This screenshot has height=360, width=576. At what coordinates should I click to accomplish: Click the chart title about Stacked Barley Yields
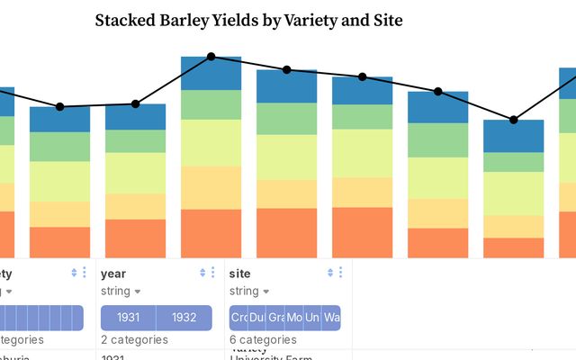[x=248, y=19]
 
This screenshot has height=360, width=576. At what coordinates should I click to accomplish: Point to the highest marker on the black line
[x=211, y=57]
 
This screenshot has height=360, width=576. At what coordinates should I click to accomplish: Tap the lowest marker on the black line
[x=513, y=120]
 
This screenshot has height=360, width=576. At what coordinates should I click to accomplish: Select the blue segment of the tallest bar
[x=211, y=73]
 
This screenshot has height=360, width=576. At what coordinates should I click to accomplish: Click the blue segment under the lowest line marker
[x=513, y=136]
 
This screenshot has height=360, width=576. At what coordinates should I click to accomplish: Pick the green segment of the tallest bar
[x=211, y=104]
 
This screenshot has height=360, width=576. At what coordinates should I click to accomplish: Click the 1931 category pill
[x=129, y=318]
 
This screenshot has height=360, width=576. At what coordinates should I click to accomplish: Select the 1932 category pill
[x=184, y=318]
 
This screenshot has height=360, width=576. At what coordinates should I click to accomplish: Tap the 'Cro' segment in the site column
[x=238, y=318]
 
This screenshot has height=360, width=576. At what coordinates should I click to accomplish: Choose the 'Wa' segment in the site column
[x=332, y=318]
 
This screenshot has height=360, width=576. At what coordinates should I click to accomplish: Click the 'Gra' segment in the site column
[x=276, y=318]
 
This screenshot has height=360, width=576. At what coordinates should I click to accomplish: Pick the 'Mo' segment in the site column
[x=295, y=318]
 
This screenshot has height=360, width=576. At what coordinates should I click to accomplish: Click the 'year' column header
[x=113, y=273]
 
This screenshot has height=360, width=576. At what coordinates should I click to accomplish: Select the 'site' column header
[x=240, y=273]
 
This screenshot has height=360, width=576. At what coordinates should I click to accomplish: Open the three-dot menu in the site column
[x=340, y=273]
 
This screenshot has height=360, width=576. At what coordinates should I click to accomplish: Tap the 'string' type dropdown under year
[x=121, y=291]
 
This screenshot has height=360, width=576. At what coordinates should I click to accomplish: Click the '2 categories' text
[x=134, y=339]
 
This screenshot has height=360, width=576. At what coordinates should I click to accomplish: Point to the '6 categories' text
[x=263, y=339]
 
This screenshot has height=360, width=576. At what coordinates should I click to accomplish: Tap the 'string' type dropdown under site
[x=250, y=291]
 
